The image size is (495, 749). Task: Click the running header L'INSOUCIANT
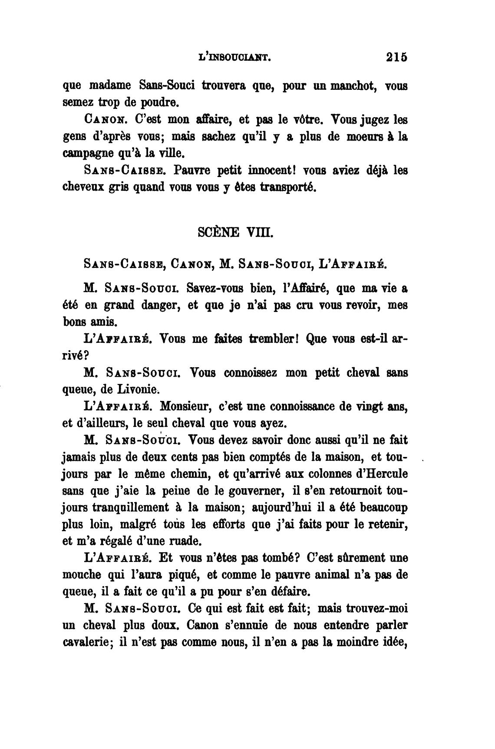(x=234, y=58)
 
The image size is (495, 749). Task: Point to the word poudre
(x=157, y=103)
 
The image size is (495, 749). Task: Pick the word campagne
(x=85, y=154)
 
